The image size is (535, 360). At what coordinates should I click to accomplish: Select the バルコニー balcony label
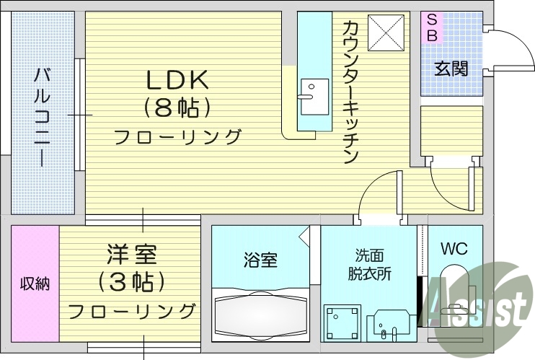(x=41, y=116)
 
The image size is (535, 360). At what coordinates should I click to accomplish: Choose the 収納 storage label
(x=35, y=284)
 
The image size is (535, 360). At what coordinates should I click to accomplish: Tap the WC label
(x=454, y=250)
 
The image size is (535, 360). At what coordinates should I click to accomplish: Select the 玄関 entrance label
(x=451, y=69)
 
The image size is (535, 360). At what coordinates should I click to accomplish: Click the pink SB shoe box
(x=431, y=27)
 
